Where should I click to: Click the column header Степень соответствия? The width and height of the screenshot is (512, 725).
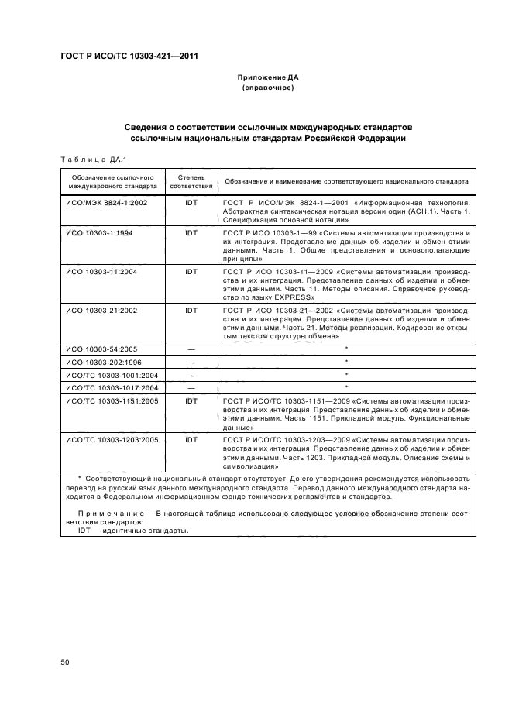tap(191, 182)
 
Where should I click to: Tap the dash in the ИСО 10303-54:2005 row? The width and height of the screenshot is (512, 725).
tap(191, 349)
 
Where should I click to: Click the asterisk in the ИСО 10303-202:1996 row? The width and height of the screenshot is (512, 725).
tap(346, 362)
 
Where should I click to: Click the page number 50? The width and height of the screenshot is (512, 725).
tap(65, 663)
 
